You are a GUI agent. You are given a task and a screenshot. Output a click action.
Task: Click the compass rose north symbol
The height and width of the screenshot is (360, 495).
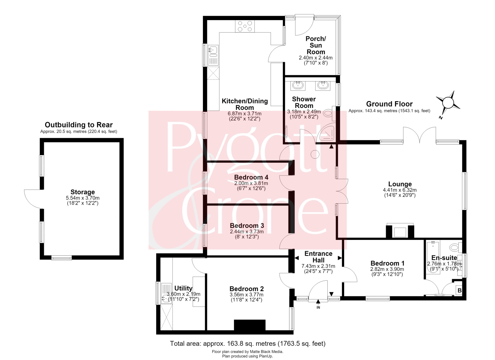pyautogui.click(x=448, y=103)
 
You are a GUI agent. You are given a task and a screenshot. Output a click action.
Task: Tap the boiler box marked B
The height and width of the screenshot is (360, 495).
pyautogui.click(x=460, y=290)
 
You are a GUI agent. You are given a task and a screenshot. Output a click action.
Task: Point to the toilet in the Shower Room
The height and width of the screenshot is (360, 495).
pyautogui.click(x=329, y=114)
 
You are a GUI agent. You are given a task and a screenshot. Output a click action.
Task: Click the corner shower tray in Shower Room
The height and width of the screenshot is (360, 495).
pyautogui.click(x=326, y=132)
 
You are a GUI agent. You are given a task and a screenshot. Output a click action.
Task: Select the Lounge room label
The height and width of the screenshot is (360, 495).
pyautogui.click(x=400, y=184)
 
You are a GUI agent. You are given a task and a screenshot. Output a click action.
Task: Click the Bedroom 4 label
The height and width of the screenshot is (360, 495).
pyautogui.click(x=251, y=177)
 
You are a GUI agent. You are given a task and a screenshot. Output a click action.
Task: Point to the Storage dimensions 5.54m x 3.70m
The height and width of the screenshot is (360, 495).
pyautogui.click(x=82, y=198)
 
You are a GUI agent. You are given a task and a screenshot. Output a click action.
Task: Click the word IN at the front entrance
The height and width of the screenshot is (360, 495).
pyautogui.click(x=318, y=308)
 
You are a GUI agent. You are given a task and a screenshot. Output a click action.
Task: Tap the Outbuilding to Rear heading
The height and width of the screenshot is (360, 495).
pyautogui.click(x=79, y=125)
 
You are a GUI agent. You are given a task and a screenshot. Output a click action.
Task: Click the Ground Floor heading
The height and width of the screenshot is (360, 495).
pyautogui.click(x=389, y=104)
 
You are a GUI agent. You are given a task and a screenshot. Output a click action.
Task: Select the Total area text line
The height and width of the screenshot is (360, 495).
pyautogui.click(x=248, y=344)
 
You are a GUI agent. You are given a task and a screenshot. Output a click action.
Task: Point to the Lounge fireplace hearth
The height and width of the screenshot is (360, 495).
pyautogui.click(x=400, y=231)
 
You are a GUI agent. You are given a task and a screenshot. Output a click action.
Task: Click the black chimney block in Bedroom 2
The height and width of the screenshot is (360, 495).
pyautogui.click(x=250, y=325)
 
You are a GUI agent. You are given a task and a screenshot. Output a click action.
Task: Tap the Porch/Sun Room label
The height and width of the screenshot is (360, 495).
pyautogui.click(x=316, y=45)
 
